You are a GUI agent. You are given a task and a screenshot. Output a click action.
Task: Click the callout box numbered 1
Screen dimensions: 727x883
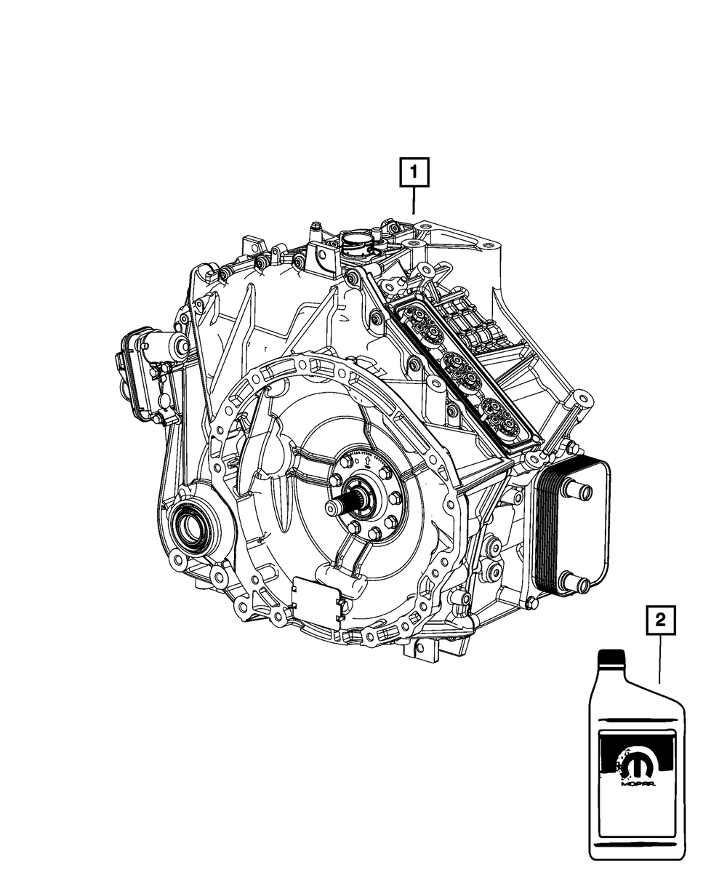pos(413,173)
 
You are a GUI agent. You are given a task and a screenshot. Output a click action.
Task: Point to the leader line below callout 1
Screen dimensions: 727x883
pos(413,200)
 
